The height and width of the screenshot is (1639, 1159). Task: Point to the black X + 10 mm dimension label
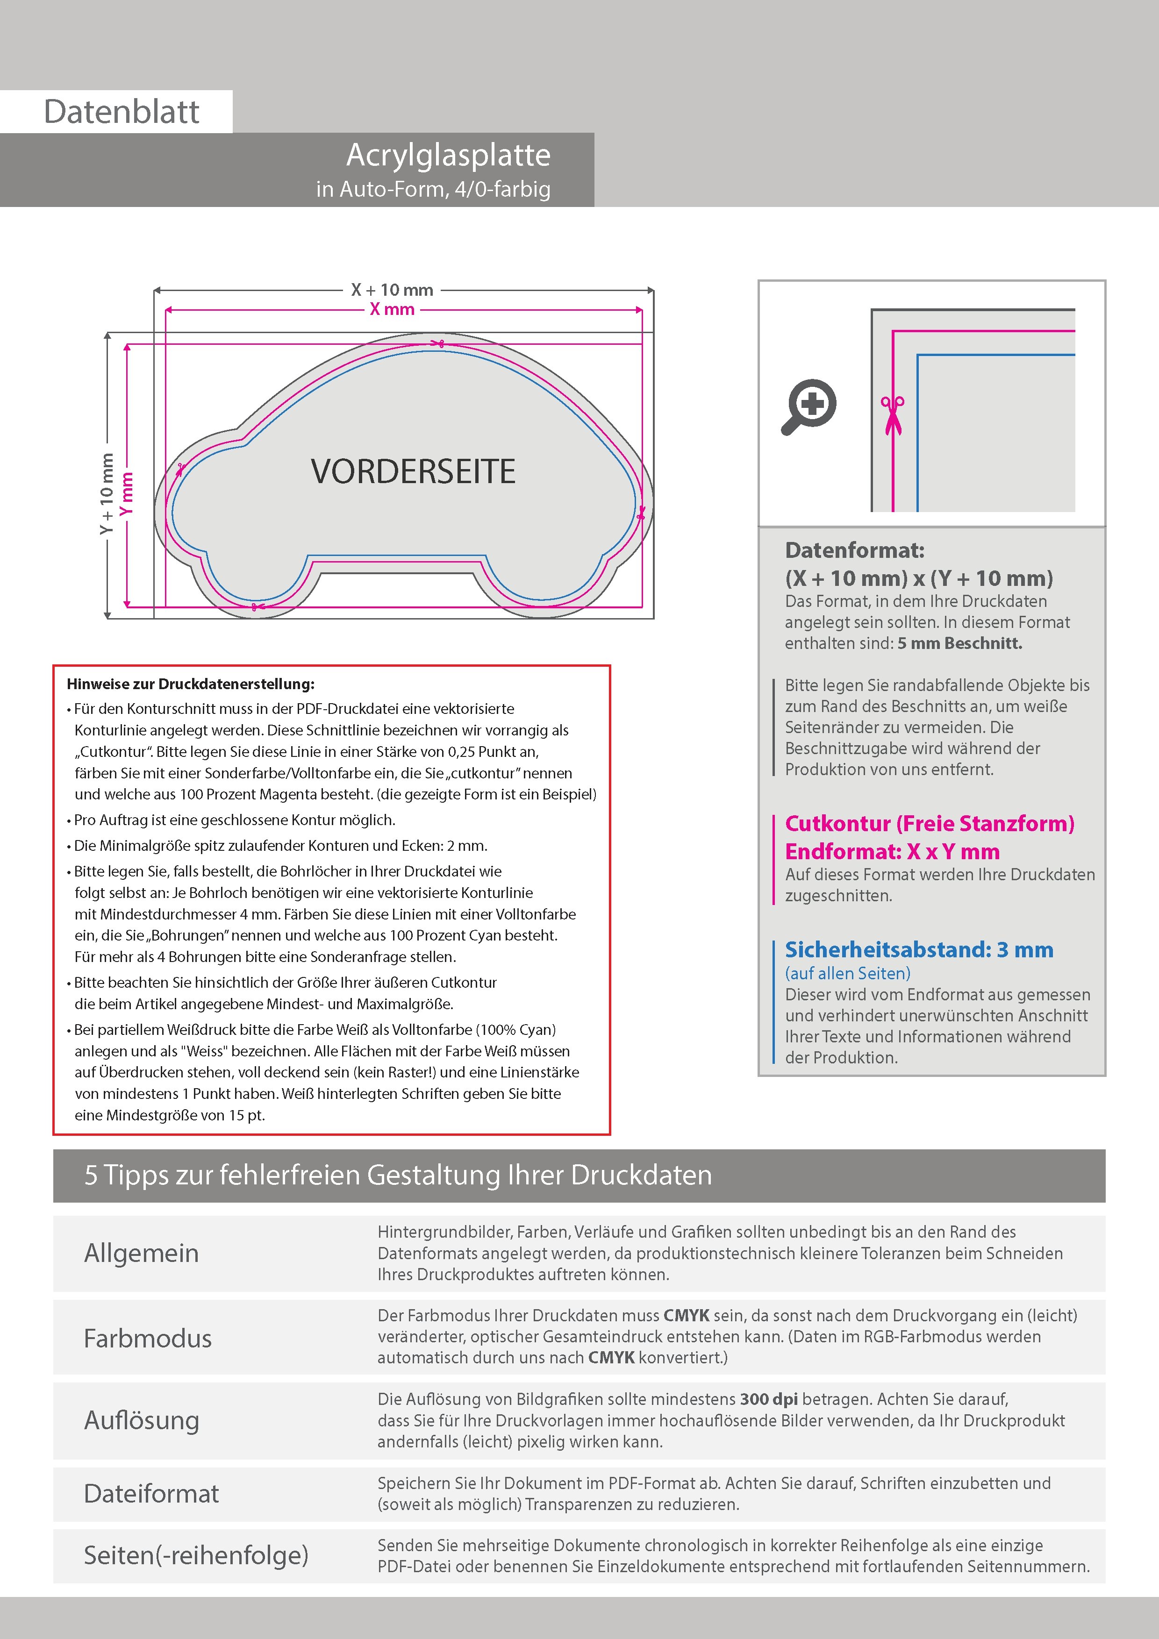tap(392, 290)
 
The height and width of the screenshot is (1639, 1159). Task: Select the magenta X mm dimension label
tap(392, 310)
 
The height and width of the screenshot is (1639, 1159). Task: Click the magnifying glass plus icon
tap(810, 406)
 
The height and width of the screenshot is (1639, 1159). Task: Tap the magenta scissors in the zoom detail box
tap(892, 414)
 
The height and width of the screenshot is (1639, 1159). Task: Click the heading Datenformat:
tap(854, 550)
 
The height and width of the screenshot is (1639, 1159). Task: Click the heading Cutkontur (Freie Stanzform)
tap(929, 824)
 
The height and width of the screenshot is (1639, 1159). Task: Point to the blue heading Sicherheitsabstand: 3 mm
tap(918, 950)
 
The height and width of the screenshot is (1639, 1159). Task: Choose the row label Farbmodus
tap(148, 1339)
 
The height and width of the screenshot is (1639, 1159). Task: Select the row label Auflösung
tap(142, 1420)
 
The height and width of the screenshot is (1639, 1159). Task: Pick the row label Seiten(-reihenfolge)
tap(196, 1555)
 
